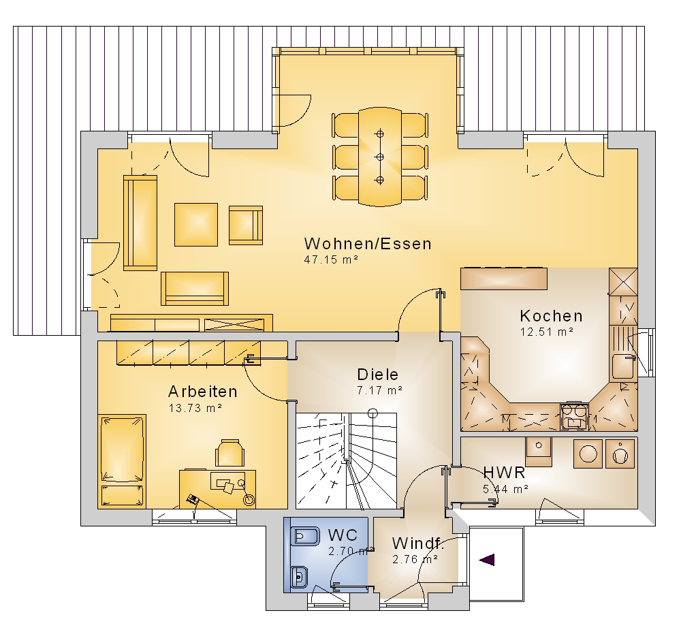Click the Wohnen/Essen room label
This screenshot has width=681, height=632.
[x=368, y=244]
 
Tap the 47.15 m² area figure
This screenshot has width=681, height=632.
[x=331, y=259]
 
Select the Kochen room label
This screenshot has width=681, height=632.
[x=551, y=316]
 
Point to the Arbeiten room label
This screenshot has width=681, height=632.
[x=203, y=392]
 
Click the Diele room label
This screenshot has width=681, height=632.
[x=377, y=375]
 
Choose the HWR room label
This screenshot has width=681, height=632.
[x=504, y=472]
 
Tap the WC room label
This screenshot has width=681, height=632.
[x=343, y=535]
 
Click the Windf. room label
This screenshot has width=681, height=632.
[x=418, y=543]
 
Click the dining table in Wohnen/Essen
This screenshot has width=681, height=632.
[x=380, y=157]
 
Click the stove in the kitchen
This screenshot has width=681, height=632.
[x=574, y=416]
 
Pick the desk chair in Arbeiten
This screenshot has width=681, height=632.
[x=229, y=453]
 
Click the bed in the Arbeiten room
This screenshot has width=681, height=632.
[x=122, y=461]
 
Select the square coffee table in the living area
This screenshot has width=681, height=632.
[x=196, y=225]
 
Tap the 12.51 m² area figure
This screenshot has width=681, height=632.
[x=547, y=332]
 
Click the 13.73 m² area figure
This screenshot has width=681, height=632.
[x=195, y=409]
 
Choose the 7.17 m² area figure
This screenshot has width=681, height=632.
[x=379, y=390]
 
